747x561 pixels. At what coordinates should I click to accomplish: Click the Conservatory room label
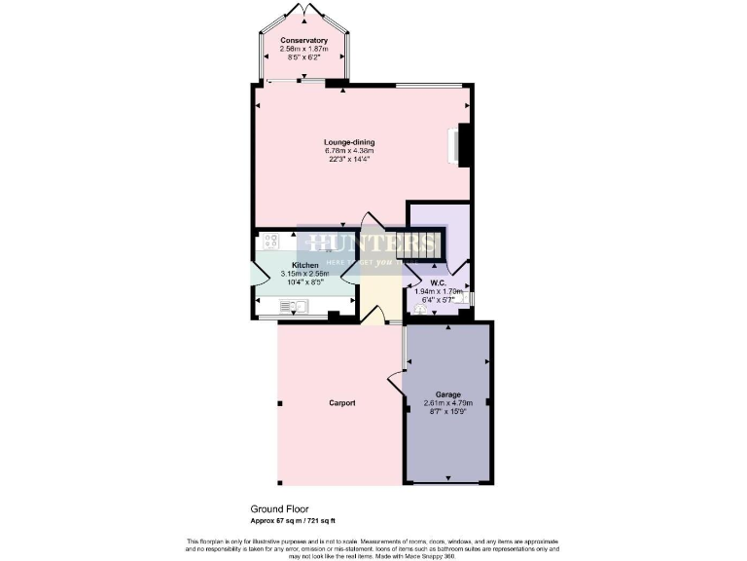pos(303,40)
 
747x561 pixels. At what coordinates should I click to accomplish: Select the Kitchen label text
pos(305,265)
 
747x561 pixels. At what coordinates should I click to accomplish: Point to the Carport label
pos(341,402)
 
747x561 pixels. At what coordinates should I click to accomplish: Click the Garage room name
pos(447,394)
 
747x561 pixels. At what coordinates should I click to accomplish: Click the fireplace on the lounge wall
pos(461,144)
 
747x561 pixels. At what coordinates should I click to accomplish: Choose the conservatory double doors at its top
pos(305,11)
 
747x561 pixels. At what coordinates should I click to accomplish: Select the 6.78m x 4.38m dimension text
pos(349,151)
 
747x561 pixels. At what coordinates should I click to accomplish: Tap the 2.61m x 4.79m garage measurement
pos(447,403)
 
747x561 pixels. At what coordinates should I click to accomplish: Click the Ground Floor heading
pos(279,509)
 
